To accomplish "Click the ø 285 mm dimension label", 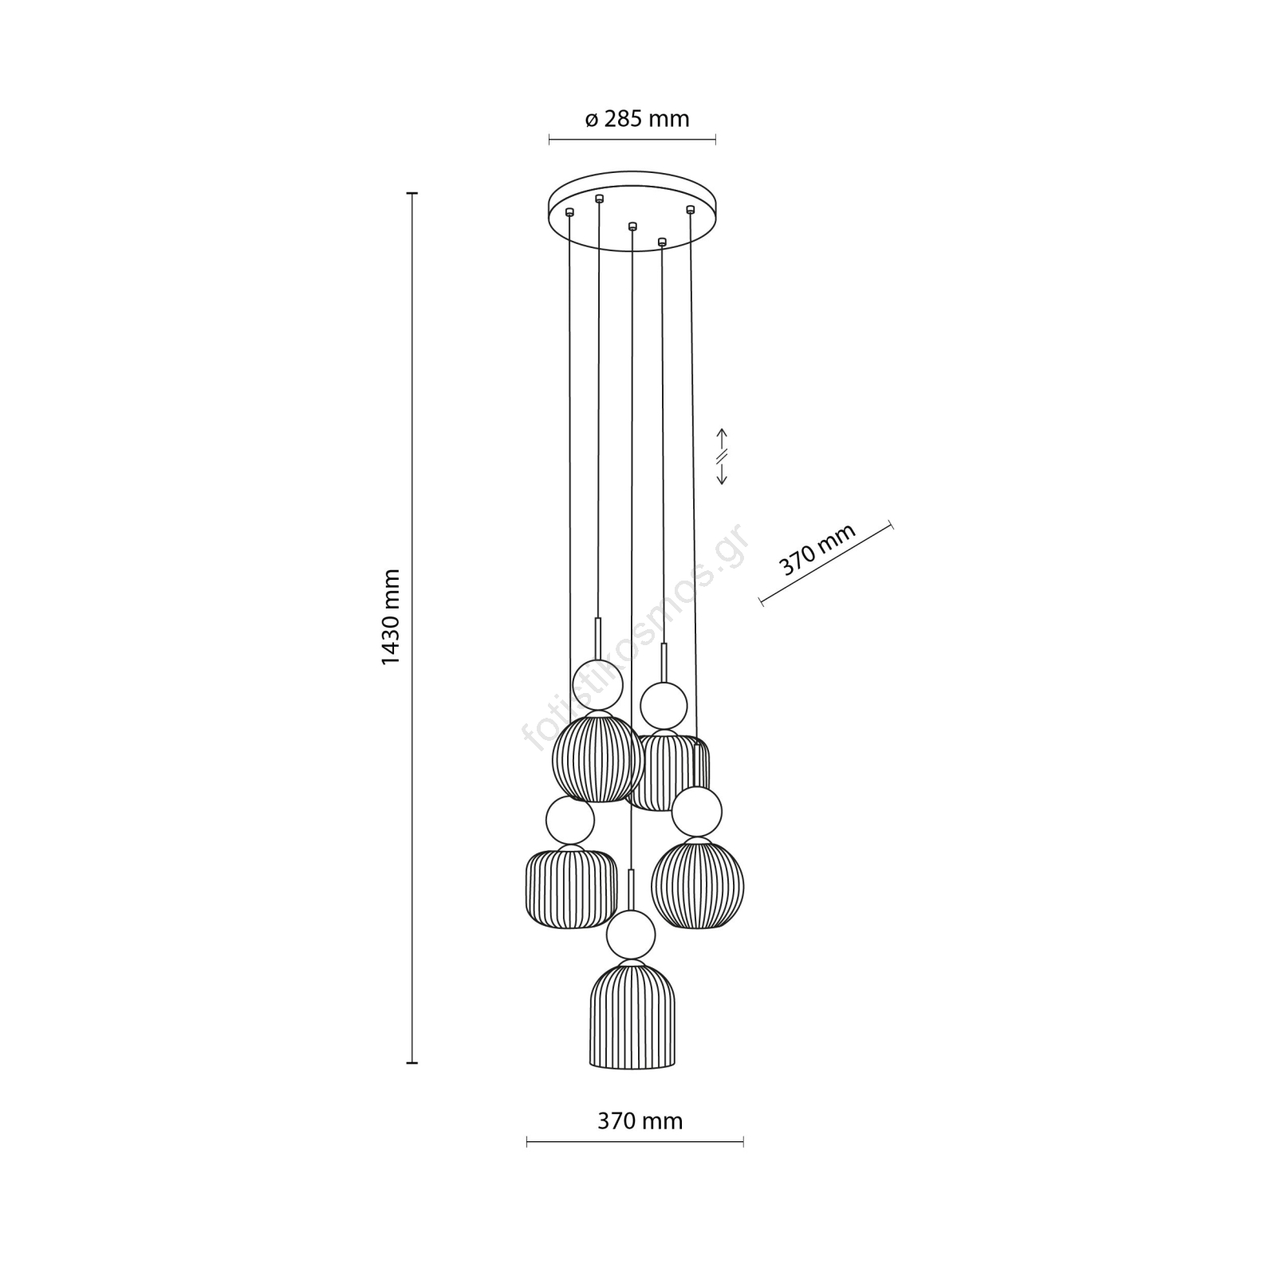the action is coord(636,120).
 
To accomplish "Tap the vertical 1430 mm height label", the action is coord(391,617).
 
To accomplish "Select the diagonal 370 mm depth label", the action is coord(817,549).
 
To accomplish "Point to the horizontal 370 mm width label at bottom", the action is coord(640,1121).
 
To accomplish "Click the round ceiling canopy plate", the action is coord(632,211).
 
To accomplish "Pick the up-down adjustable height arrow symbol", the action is coord(723,457).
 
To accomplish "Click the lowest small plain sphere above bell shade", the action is coord(631,934).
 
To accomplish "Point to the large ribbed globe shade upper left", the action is coord(598,757).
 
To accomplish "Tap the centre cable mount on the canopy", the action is coord(632,226).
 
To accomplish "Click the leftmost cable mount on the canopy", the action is coord(569,212).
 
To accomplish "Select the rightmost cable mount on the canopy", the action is coord(691,210).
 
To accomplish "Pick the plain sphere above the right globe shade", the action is coord(697,812).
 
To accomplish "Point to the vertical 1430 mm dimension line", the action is coord(412,628).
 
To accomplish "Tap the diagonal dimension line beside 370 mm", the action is coord(826,565).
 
